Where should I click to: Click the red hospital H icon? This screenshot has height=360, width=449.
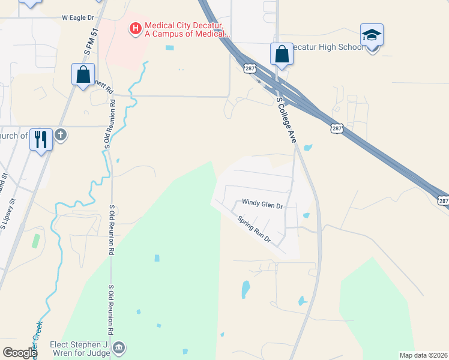[135, 28]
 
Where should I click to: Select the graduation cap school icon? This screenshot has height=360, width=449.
[372, 35]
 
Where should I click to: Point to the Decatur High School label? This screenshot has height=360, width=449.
[327, 47]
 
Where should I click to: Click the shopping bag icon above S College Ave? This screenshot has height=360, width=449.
[282, 55]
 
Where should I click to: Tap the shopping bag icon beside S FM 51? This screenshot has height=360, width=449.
[83, 74]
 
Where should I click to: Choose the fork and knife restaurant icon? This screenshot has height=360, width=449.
[41, 139]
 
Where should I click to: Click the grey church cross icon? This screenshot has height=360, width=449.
[60, 136]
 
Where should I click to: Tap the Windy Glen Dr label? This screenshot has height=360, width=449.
[262, 204]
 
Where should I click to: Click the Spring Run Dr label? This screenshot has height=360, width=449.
[255, 229]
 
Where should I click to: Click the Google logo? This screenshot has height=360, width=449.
[19, 353]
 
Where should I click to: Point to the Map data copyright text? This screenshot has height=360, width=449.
[423, 355]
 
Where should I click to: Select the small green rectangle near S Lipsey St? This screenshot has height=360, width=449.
[36, 241]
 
